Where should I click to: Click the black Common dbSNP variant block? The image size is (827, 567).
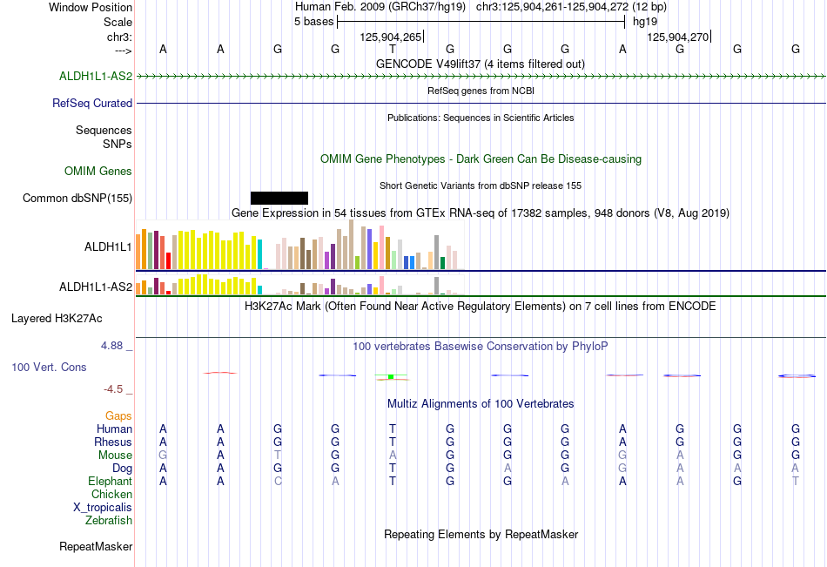click(x=279, y=198)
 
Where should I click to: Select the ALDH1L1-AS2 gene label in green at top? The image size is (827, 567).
click(x=96, y=76)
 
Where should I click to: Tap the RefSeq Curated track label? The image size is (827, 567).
click(x=92, y=103)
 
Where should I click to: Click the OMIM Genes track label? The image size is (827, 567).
click(x=98, y=171)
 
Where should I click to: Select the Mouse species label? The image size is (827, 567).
click(x=115, y=455)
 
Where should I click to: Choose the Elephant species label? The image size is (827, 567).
click(x=111, y=481)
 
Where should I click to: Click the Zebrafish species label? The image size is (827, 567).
click(x=109, y=520)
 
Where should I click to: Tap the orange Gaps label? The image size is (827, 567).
click(x=118, y=416)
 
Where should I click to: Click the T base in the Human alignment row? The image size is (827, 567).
click(x=393, y=429)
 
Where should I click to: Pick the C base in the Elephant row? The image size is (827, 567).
click(x=278, y=481)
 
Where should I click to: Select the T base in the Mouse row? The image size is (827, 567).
click(x=278, y=455)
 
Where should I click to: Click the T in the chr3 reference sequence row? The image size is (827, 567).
click(x=393, y=49)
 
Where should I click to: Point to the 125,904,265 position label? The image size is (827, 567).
click(x=391, y=37)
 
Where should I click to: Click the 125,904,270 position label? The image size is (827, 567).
click(x=678, y=37)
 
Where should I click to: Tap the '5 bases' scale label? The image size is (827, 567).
click(x=313, y=22)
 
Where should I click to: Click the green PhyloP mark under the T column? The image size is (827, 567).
click(x=391, y=376)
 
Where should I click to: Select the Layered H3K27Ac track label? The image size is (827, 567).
click(x=57, y=319)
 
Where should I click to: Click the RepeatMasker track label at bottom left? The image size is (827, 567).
click(x=96, y=546)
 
